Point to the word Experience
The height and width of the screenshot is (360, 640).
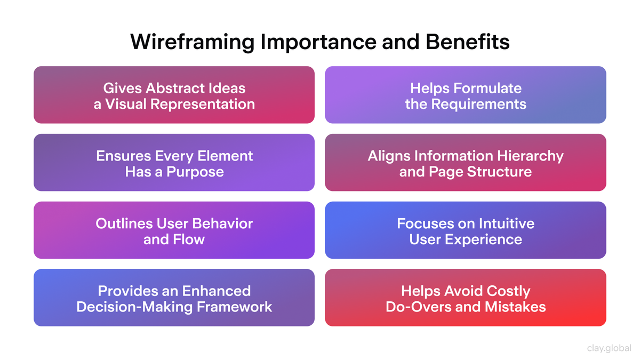489,239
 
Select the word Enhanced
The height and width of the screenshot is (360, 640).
216,291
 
